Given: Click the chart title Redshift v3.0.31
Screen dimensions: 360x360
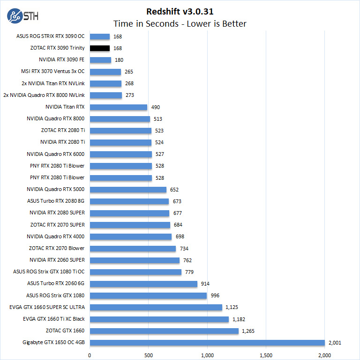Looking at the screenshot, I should coord(180,11).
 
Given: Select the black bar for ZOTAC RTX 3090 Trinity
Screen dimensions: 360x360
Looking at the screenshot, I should coord(99,48).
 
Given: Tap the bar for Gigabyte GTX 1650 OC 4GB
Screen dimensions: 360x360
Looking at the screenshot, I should coord(207,343).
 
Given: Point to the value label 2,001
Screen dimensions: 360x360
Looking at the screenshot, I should coord(335,343).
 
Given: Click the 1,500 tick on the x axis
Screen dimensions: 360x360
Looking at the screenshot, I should coord(266,354).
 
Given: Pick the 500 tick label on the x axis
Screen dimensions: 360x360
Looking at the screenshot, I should coord(149,354).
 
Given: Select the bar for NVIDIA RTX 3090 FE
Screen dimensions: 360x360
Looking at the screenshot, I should coord(100,60).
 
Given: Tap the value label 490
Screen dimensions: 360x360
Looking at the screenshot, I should coord(156,107).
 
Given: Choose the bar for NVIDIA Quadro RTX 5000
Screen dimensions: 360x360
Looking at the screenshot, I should coord(128,190).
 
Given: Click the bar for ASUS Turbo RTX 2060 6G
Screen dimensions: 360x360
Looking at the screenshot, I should coord(143,284).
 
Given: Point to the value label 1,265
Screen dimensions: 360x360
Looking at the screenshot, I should coord(248,331).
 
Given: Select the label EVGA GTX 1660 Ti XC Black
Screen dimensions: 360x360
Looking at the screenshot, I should coord(53,319).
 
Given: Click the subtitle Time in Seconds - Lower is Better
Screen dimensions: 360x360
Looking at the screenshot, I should coord(180,23).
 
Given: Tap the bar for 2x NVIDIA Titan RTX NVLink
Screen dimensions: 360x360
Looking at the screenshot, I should coord(105,83).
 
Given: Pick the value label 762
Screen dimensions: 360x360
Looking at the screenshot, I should coord(187,260).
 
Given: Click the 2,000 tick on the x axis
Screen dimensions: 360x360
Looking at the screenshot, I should coord(324,354).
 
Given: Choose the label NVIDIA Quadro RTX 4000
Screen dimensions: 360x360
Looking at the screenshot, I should coord(55,237).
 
